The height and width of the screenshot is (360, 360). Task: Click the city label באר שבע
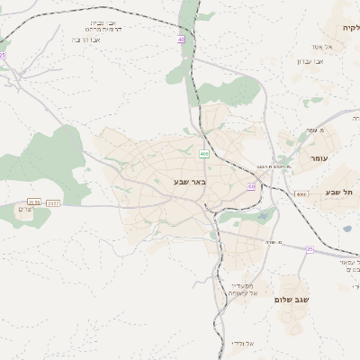[190, 182]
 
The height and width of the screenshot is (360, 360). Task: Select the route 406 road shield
[204, 155]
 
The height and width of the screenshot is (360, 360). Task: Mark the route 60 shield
[251, 186]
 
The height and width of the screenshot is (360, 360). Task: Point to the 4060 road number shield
[301, 193]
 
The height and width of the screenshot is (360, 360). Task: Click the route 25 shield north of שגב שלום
[310, 248]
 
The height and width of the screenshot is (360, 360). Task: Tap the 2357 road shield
[53, 202]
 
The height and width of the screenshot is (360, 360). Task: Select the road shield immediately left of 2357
[34, 202]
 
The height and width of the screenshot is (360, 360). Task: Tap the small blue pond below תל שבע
[346, 229]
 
